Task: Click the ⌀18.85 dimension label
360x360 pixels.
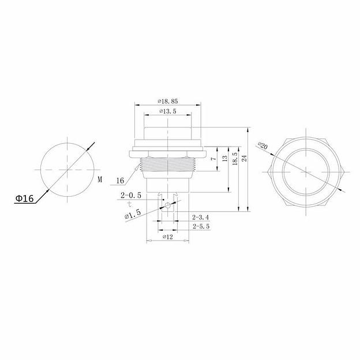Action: tap(168, 101)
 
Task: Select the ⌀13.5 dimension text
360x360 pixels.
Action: tap(168, 111)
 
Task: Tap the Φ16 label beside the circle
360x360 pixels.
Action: tap(24, 198)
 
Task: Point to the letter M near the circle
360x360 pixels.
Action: tap(100, 179)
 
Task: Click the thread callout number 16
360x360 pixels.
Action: tap(120, 181)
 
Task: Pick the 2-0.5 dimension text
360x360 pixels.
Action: tap(131, 196)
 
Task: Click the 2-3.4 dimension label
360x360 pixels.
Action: tap(201, 217)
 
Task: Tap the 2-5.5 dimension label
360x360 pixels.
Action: tap(201, 226)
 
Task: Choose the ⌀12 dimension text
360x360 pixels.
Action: tap(168, 237)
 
